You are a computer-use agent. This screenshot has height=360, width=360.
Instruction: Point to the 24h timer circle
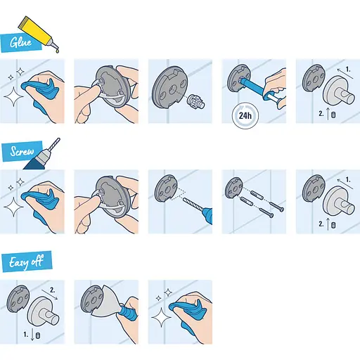pyautogui.click(x=245, y=115)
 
